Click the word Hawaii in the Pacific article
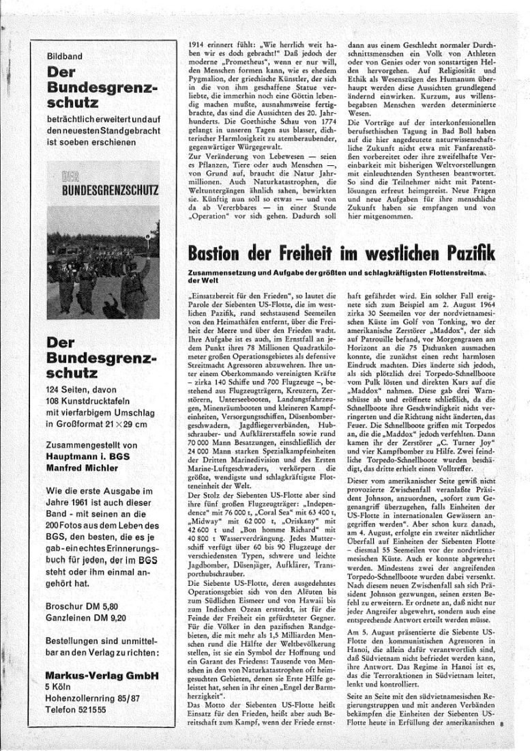[x=308, y=566]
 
